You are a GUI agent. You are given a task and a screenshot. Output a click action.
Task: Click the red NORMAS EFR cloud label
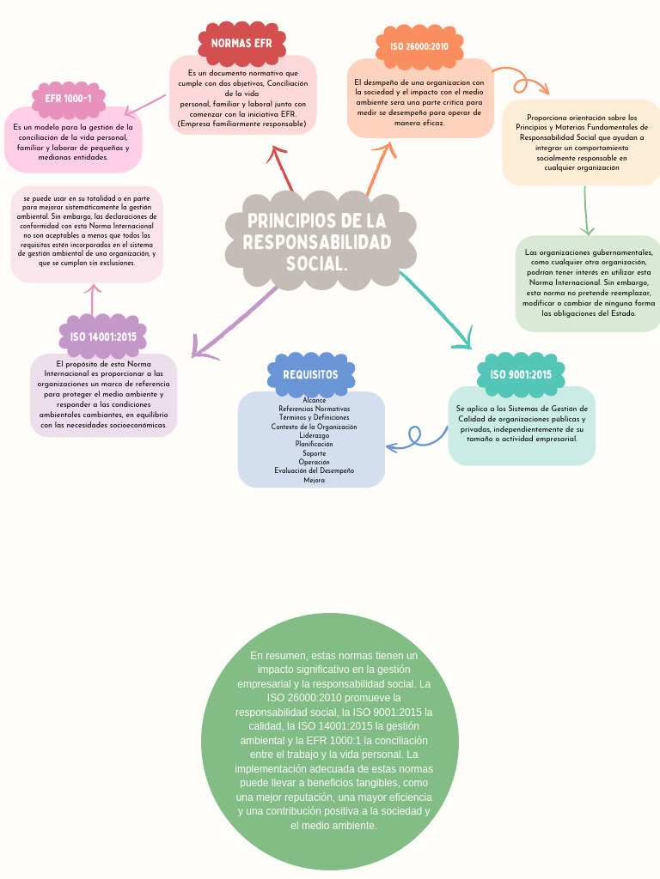pyautogui.click(x=241, y=43)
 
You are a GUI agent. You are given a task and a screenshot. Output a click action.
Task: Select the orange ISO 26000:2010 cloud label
pyautogui.click(x=419, y=46)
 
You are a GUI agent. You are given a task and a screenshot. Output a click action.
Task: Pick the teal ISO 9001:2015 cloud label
pyautogui.click(x=521, y=374)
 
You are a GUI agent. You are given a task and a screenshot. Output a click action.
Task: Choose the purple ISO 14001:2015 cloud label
pyautogui.click(x=103, y=336)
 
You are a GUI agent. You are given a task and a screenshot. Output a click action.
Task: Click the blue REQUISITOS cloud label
pyautogui.click(x=310, y=374)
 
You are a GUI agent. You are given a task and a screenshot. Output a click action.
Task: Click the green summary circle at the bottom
pyautogui.click(x=330, y=741)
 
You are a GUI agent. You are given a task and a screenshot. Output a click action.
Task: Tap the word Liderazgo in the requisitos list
pyautogui.click(x=314, y=435)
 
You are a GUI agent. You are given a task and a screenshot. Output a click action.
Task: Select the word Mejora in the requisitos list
pyautogui.click(x=314, y=480)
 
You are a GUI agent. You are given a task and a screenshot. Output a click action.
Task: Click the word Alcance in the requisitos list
pyautogui.click(x=314, y=400)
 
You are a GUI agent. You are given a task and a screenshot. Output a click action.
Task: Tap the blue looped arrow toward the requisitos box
pyautogui.click(x=418, y=439)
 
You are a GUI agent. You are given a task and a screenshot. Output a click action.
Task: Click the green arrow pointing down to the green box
pyautogui.click(x=587, y=210)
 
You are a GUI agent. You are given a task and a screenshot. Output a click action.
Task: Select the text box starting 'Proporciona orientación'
pyautogui.click(x=581, y=142)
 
